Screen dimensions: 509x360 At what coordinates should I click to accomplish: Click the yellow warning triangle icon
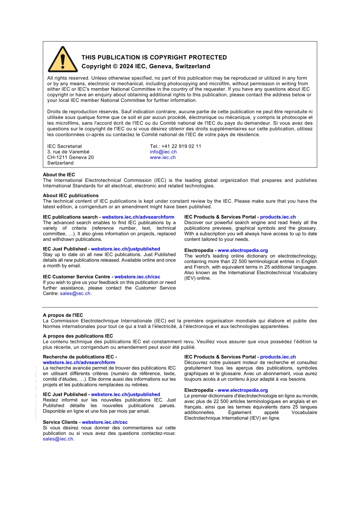(x=63, y=60)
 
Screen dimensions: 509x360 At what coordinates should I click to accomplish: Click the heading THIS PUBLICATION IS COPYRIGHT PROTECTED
(x=154, y=58)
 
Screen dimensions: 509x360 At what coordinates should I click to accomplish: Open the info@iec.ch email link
(x=163, y=152)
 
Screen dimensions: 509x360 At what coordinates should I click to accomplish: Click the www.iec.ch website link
(x=163, y=158)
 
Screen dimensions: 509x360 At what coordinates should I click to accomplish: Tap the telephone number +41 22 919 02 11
(x=181, y=146)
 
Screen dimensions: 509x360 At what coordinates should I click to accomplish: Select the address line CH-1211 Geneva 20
(x=70, y=158)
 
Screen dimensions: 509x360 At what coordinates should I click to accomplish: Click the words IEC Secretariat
(x=64, y=146)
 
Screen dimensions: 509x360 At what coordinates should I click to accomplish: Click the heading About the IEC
(x=59, y=175)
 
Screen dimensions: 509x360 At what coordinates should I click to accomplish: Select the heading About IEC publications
(x=70, y=195)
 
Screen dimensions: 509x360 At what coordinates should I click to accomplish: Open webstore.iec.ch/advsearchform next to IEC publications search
(x=138, y=217)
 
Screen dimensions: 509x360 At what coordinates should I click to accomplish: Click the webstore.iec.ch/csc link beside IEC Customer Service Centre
(x=137, y=277)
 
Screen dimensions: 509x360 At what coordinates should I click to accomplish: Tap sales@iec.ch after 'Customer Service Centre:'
(x=75, y=294)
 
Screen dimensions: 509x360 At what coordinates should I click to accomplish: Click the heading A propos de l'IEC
(x=63, y=315)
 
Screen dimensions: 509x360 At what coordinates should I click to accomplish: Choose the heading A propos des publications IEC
(x=78, y=336)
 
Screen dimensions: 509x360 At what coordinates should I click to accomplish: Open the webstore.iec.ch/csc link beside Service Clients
(x=105, y=422)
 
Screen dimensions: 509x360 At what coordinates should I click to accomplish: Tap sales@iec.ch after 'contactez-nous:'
(x=58, y=439)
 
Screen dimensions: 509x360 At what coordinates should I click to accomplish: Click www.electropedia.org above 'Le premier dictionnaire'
(x=243, y=390)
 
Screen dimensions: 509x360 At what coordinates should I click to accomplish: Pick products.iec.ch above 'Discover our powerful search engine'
(x=278, y=217)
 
